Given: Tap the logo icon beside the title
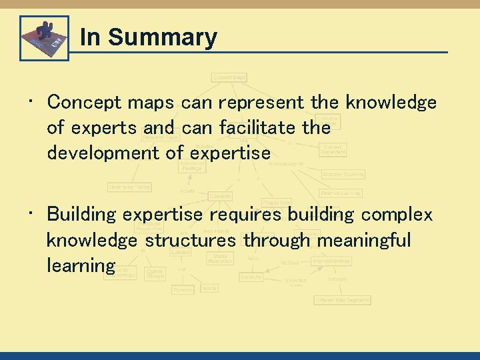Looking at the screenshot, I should (44, 38).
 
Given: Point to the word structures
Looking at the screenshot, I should (190, 240).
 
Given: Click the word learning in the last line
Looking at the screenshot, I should (81, 265).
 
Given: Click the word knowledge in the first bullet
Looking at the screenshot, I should (391, 103).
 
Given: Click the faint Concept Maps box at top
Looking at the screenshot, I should (229, 77).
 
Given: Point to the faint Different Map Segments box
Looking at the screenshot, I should (342, 301).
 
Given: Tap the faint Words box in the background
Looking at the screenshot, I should (209, 289).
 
